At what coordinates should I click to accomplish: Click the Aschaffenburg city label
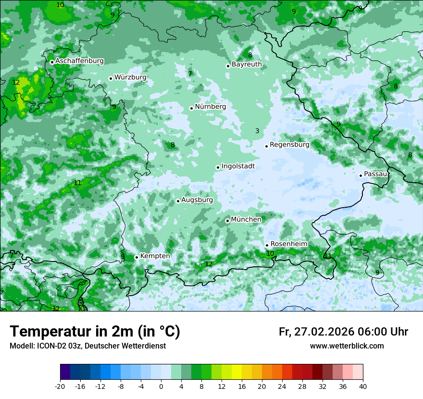[x=79, y=61]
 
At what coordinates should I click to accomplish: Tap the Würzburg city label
[x=130, y=77]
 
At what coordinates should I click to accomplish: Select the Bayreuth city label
[x=247, y=64]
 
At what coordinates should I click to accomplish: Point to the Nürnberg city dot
[x=191, y=108]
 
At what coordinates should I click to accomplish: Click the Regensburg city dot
[x=266, y=146]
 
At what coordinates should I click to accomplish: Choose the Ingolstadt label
[x=238, y=166]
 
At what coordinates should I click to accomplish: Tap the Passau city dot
[x=361, y=175]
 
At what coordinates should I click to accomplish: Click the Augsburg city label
[x=197, y=200]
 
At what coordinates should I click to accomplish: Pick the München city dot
[x=227, y=221]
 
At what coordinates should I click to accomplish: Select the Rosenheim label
[x=288, y=244]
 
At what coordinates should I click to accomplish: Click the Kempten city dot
[x=137, y=257]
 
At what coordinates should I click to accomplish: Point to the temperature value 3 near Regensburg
[x=257, y=131]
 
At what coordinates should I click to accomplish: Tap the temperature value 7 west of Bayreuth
[x=190, y=74]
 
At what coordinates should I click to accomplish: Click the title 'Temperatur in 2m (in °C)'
[x=95, y=332]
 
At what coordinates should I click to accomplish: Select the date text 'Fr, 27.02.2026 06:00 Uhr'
[x=343, y=332]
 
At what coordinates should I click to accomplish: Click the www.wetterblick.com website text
[x=347, y=346]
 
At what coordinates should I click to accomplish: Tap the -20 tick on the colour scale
[x=60, y=386]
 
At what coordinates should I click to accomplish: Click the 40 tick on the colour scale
[x=363, y=386]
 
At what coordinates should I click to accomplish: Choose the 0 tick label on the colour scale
[x=161, y=386]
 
